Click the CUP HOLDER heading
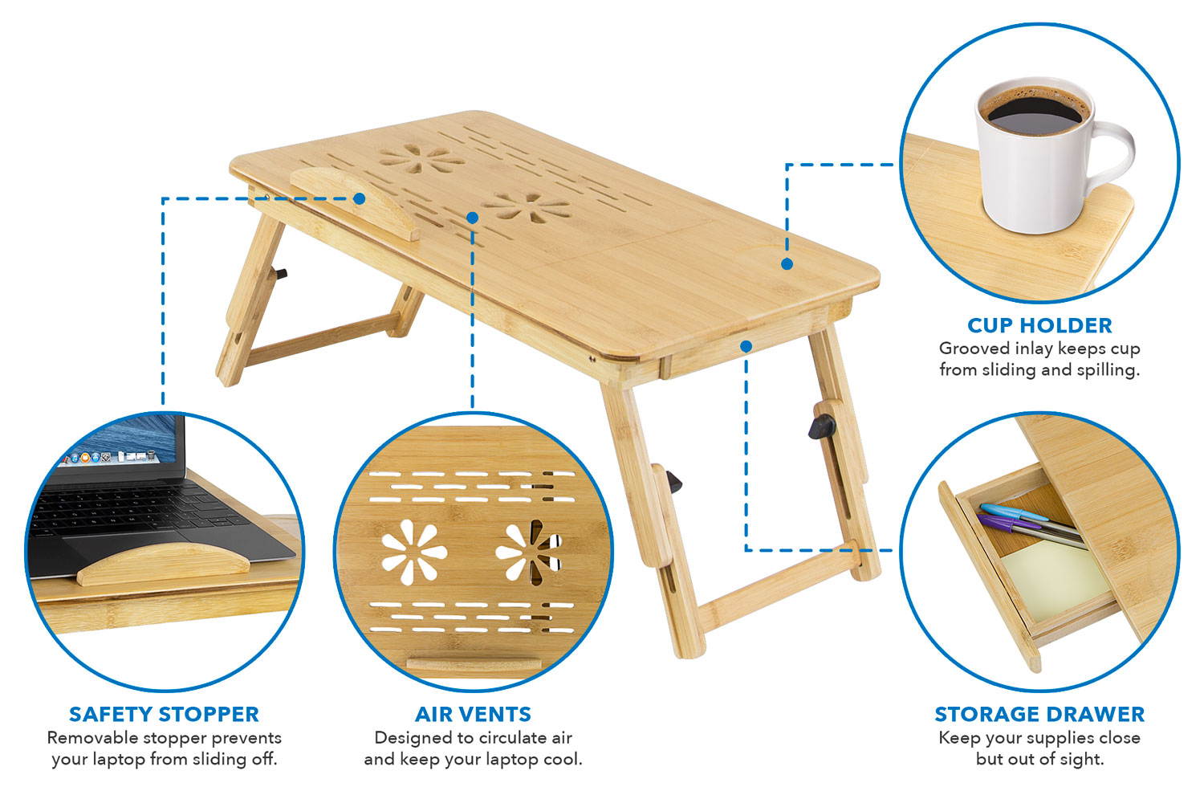(x=1039, y=325)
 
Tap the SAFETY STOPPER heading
(x=164, y=714)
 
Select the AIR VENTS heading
(x=473, y=714)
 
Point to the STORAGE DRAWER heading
(x=1039, y=714)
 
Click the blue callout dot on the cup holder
(x=787, y=263)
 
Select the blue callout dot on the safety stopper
(x=360, y=198)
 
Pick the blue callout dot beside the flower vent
(x=472, y=218)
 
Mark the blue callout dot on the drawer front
(x=746, y=346)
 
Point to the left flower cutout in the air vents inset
(x=408, y=552)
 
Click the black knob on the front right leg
(x=820, y=426)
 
